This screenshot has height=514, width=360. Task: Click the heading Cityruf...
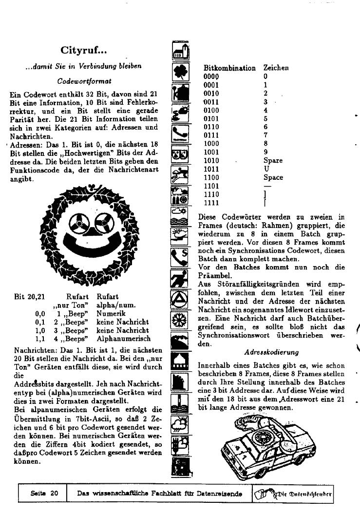tap(83, 50)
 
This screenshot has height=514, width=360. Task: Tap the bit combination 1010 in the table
tap(211, 160)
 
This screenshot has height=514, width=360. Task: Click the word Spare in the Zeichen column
tap(273, 160)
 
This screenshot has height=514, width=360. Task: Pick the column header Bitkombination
tap(229, 68)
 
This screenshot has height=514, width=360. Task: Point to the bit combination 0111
tap(211, 135)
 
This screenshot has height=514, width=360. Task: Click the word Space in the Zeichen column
tap(273, 177)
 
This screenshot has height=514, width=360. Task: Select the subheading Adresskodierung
tap(271, 352)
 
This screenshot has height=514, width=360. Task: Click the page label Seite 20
tap(44, 494)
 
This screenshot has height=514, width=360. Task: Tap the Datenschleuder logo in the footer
tap(294, 494)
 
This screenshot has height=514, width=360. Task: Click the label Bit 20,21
tap(27, 296)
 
